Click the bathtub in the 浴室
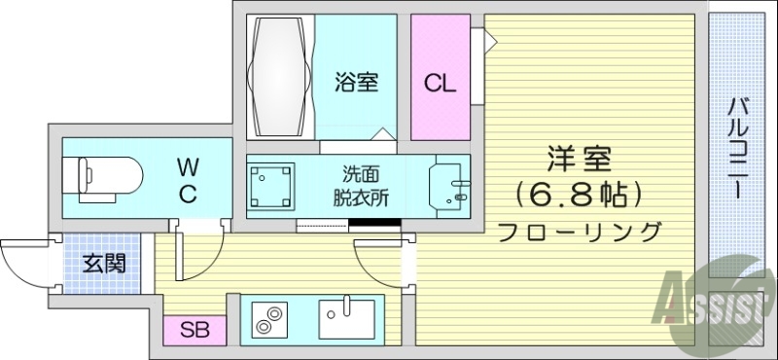tap(281, 77)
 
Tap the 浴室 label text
tap(355, 83)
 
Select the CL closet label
tap(440, 84)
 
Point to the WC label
tap(188, 182)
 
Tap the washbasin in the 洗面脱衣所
tap(449, 184)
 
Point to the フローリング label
tap(580, 232)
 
